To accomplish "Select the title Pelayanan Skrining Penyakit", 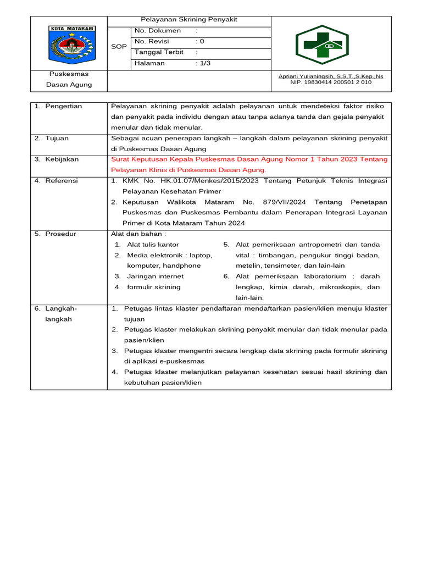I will pyautogui.click(x=189, y=20).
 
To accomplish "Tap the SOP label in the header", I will pyautogui.click(x=119, y=47).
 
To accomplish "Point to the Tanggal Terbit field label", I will pyautogui.click(x=159, y=52).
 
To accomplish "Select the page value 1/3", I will pyautogui.click(x=204, y=63).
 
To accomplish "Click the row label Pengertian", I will pyautogui.click(x=63, y=106).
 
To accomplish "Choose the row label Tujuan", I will pyautogui.click(x=57, y=138).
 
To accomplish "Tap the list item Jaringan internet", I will pyautogui.click(x=155, y=277).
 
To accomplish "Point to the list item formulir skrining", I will pyautogui.click(x=153, y=287).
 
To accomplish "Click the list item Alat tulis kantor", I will pyautogui.click(x=153, y=245).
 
